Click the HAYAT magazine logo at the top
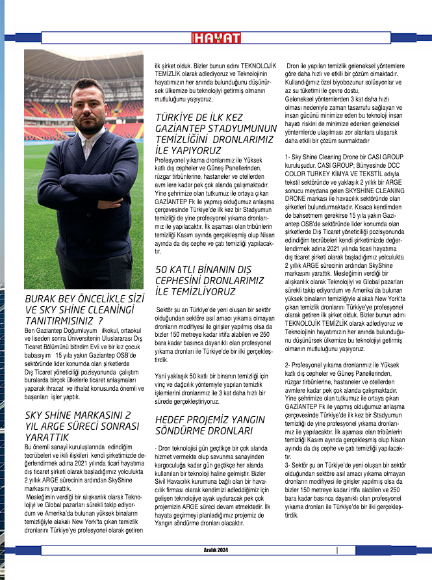[216, 38]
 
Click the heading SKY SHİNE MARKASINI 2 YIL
[81, 415]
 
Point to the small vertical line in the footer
[337, 550]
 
